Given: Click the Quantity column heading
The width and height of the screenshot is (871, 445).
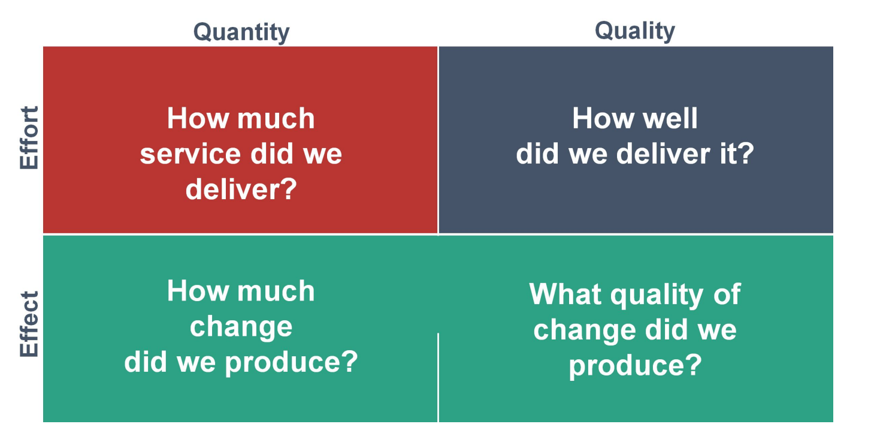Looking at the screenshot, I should coord(241,32).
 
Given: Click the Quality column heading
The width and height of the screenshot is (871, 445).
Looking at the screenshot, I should coord(635,30).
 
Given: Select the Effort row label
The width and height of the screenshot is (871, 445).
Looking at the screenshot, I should coord(29,138).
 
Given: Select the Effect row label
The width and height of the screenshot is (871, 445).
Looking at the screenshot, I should coord(29,324).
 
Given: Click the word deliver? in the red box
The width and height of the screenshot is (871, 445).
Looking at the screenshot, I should coord(241,190).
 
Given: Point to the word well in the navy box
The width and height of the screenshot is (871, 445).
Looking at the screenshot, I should coord(669,118).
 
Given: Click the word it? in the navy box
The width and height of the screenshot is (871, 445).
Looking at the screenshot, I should coord(736,154).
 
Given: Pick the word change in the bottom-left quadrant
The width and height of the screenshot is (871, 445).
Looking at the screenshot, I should coord(241,327).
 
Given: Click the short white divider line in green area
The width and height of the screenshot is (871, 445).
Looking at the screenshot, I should coord(438,378).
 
